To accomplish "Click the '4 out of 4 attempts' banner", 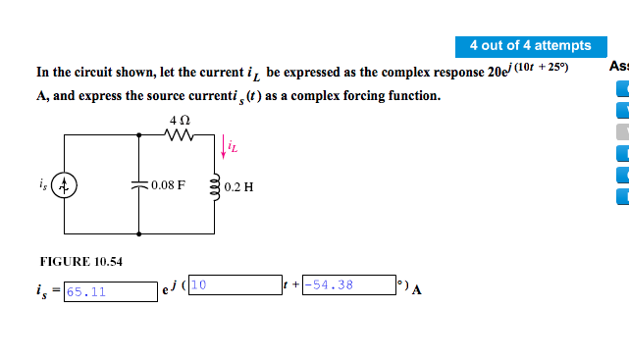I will [x=530, y=45].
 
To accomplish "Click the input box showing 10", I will [x=234, y=285].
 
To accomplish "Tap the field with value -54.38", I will [x=347, y=285].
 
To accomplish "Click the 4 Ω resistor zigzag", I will [x=179, y=137].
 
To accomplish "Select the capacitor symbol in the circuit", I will [x=138, y=185].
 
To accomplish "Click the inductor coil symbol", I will [x=214, y=184].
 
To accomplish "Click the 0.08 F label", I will [x=169, y=185].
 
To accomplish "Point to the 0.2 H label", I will [x=238, y=186].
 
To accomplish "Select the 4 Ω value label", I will [x=179, y=120].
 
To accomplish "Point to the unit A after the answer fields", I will [x=417, y=289].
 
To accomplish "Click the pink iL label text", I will [x=232, y=148].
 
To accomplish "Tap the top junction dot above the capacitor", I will [x=138, y=137].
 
